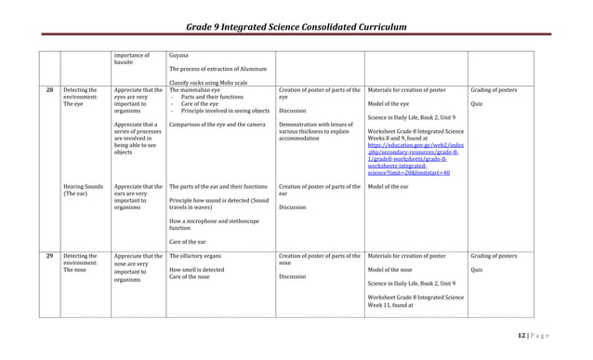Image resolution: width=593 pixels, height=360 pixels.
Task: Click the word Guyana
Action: [x=180, y=56]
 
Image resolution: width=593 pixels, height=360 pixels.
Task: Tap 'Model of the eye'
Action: [x=389, y=104]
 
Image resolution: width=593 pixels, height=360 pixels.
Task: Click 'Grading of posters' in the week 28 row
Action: [x=494, y=90]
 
